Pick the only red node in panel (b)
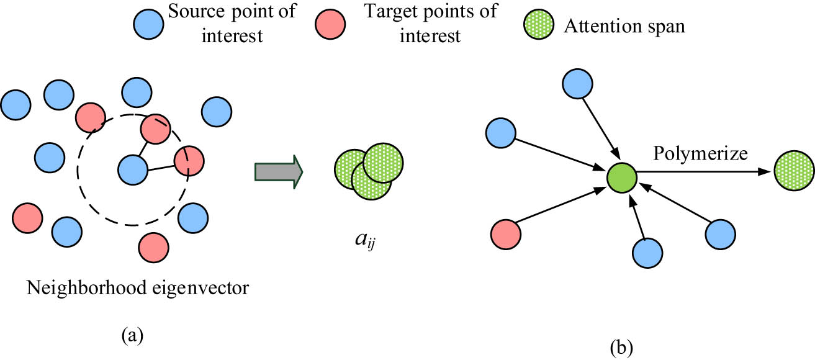point(506,235)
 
